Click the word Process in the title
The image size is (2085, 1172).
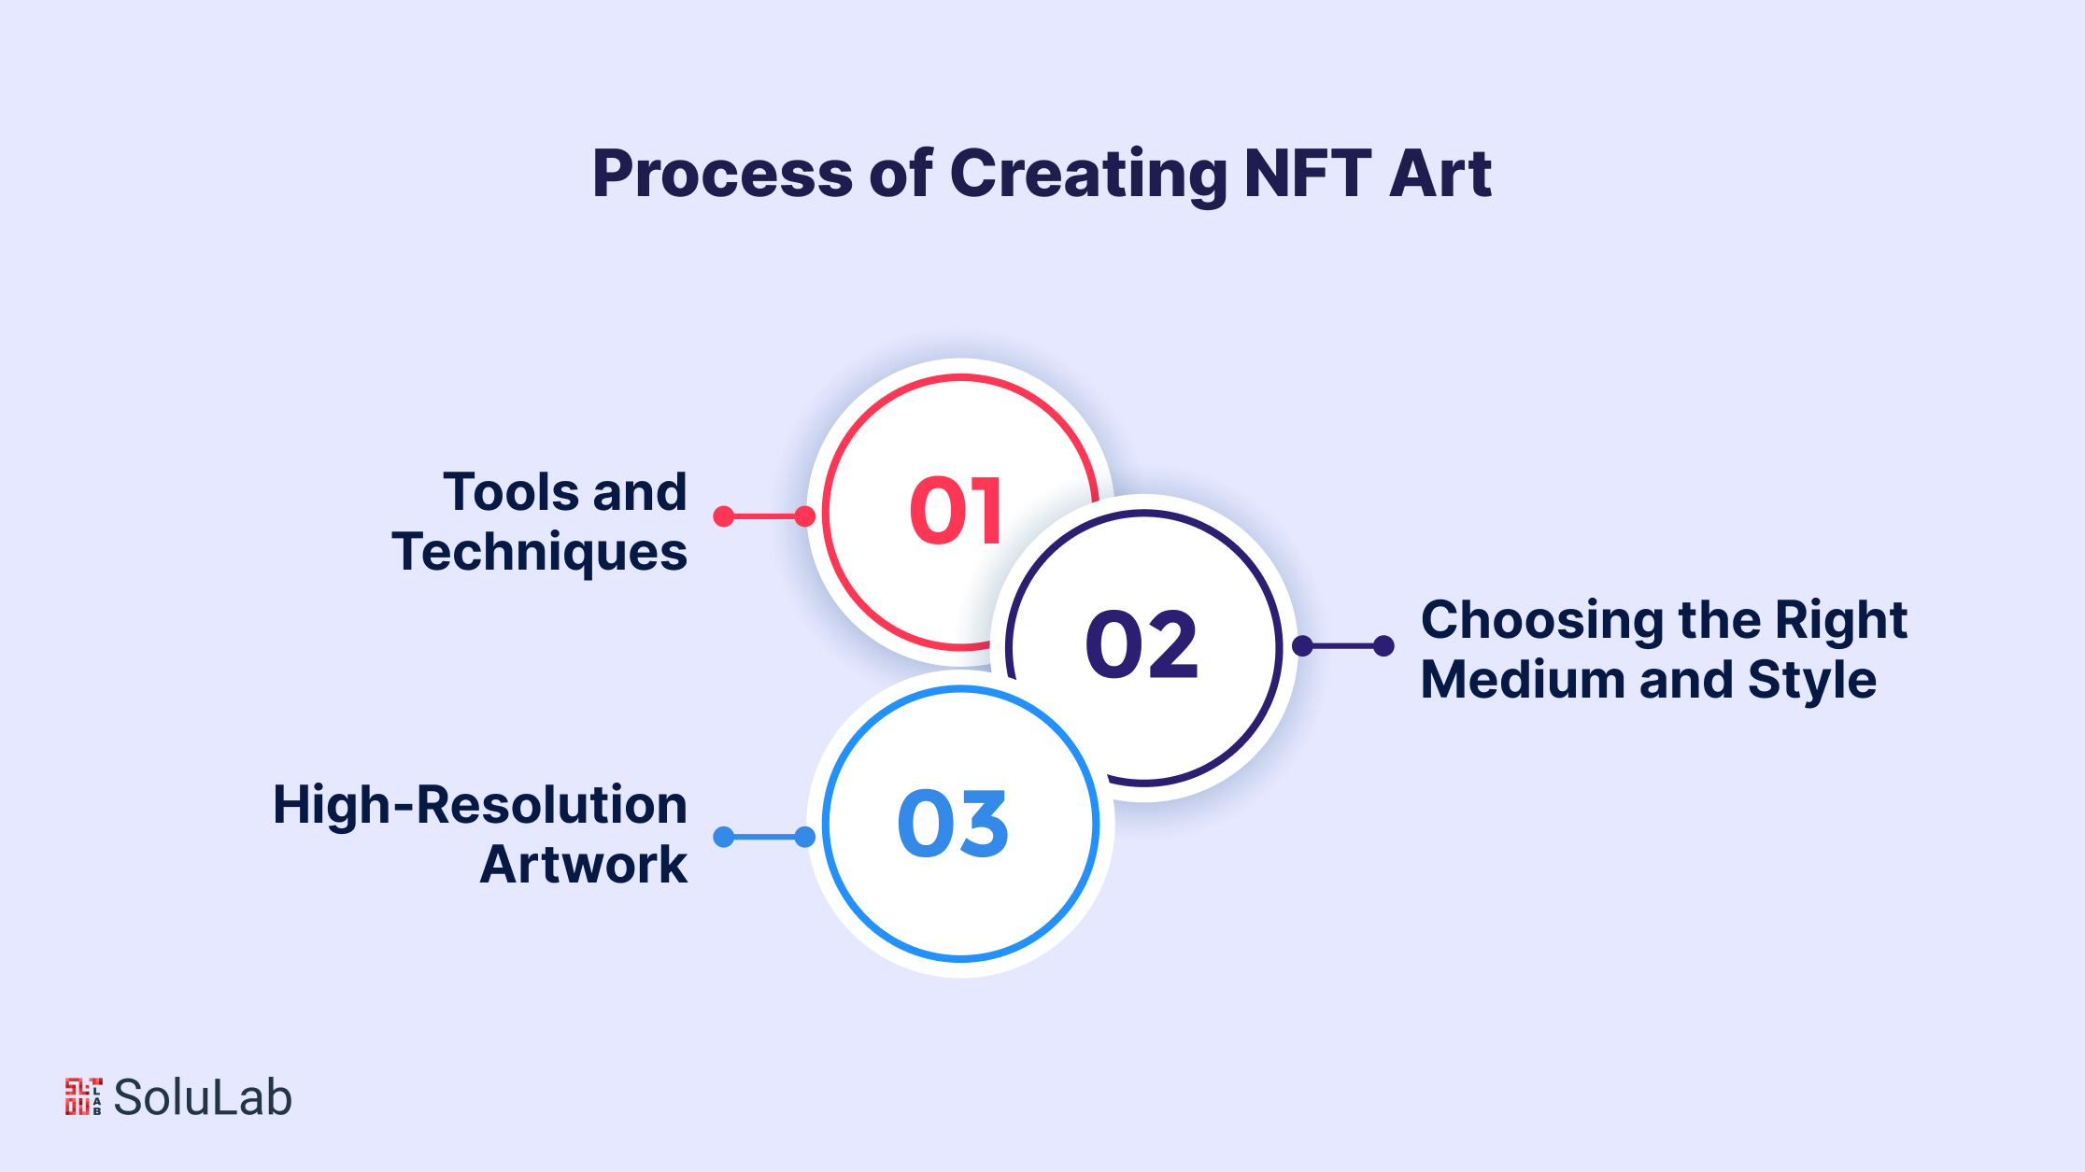click(723, 174)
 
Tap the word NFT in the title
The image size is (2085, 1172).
click(1308, 174)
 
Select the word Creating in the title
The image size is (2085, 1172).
click(1089, 176)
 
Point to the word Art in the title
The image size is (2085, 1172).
click(1440, 174)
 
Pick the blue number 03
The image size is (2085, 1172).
click(953, 823)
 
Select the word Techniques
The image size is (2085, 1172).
click(540, 553)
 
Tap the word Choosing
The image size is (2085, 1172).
click(1542, 621)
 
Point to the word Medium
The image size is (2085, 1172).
click(1522, 680)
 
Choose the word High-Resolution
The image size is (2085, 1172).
click(480, 805)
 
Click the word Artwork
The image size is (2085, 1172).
click(584, 865)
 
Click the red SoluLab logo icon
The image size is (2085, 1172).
click(83, 1096)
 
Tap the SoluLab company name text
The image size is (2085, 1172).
click(203, 1097)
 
